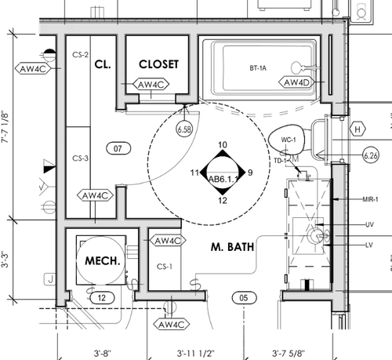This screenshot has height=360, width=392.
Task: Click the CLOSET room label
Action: [x=158, y=64]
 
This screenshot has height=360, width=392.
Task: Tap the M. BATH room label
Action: [x=232, y=247]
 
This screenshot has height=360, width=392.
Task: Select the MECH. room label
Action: [x=103, y=260]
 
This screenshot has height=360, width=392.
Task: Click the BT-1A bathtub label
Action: [x=258, y=68]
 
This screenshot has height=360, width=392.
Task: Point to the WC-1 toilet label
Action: [x=289, y=140]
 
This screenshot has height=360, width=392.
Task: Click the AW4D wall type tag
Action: [x=296, y=82]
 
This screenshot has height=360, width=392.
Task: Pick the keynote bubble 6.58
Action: [x=184, y=129]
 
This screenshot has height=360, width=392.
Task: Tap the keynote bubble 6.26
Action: [x=371, y=155]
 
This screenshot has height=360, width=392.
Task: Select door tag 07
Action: [x=118, y=148]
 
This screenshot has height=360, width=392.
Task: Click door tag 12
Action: [x=102, y=298]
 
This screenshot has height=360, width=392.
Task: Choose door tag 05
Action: [x=244, y=298]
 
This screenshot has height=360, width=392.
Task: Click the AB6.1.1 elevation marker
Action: [x=223, y=173]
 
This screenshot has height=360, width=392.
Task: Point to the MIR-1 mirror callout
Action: [x=370, y=199]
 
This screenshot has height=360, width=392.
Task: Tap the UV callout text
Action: [x=369, y=224]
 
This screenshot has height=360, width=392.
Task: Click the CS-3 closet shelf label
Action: [x=81, y=158]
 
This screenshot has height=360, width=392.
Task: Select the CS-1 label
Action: [x=165, y=267]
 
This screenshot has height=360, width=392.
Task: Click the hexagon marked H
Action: [x=358, y=129]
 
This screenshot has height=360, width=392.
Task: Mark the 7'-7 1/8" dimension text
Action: [x=5, y=127]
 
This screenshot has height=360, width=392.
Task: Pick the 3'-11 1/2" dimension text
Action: [x=195, y=354]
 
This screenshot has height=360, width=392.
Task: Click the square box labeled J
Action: [x=50, y=279]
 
